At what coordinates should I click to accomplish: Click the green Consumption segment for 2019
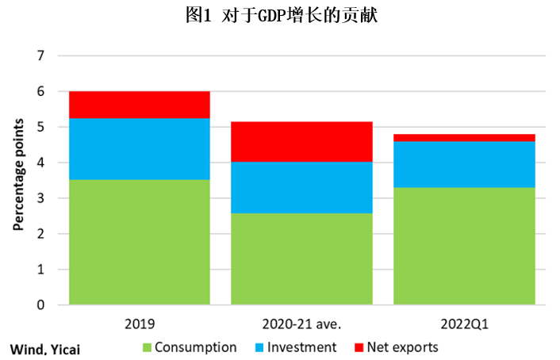click(140, 242)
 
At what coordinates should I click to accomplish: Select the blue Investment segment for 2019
click(140, 149)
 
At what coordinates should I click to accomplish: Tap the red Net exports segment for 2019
click(140, 105)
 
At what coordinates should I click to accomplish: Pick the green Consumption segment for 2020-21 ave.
click(301, 259)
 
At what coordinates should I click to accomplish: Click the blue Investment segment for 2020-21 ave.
click(301, 187)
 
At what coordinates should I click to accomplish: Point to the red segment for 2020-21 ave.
click(301, 142)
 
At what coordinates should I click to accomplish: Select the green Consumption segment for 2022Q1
click(464, 246)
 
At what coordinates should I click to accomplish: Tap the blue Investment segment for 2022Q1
click(464, 165)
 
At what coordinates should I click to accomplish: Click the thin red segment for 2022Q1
click(464, 138)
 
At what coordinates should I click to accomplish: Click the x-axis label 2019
click(140, 324)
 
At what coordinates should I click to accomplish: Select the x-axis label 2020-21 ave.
click(301, 324)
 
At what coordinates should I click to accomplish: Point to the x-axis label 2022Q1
click(464, 324)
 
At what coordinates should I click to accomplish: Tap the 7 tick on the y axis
click(41, 56)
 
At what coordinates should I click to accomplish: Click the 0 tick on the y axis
click(41, 305)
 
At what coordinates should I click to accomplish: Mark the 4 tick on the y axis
click(41, 163)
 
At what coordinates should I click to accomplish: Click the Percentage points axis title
click(18, 174)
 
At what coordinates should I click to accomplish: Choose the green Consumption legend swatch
click(148, 347)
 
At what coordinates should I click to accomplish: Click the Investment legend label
click(301, 347)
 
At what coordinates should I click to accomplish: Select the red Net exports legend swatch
click(359, 347)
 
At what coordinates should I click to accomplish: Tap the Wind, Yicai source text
click(45, 349)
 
